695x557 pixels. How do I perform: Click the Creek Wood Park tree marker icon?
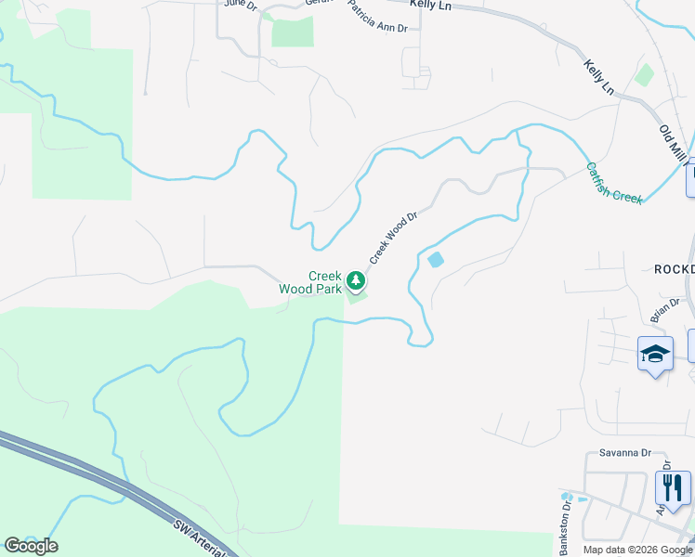[x=355, y=280]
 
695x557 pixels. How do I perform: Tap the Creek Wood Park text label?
[x=310, y=282]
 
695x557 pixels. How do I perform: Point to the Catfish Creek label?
[x=614, y=184]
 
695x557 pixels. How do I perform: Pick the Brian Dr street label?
[x=665, y=309]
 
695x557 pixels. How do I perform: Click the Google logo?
[x=31, y=546]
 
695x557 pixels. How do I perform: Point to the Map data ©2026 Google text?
[x=636, y=550]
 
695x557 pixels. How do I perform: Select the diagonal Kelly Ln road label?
[x=599, y=77]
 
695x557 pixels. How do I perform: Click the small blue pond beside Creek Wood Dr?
[x=435, y=261]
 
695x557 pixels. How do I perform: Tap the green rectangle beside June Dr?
[x=292, y=32]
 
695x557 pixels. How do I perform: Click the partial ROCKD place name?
[x=674, y=269]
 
